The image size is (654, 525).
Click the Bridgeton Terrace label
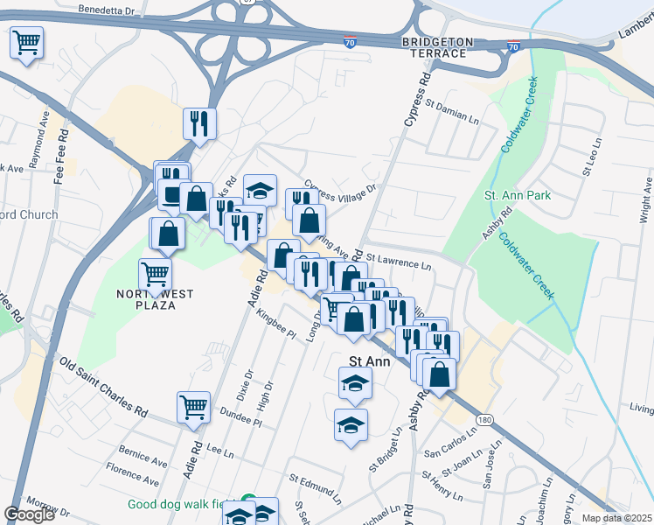tap(437, 47)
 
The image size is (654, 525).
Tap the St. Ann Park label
tap(518, 195)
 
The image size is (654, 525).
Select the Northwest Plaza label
tap(156, 299)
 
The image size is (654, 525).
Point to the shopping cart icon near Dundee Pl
tap(193, 406)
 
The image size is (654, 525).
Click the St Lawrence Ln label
tap(399, 261)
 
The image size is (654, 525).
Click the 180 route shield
tap(484, 421)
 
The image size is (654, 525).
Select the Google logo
tap(30, 514)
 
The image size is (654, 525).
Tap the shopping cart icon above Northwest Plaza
tap(156, 273)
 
